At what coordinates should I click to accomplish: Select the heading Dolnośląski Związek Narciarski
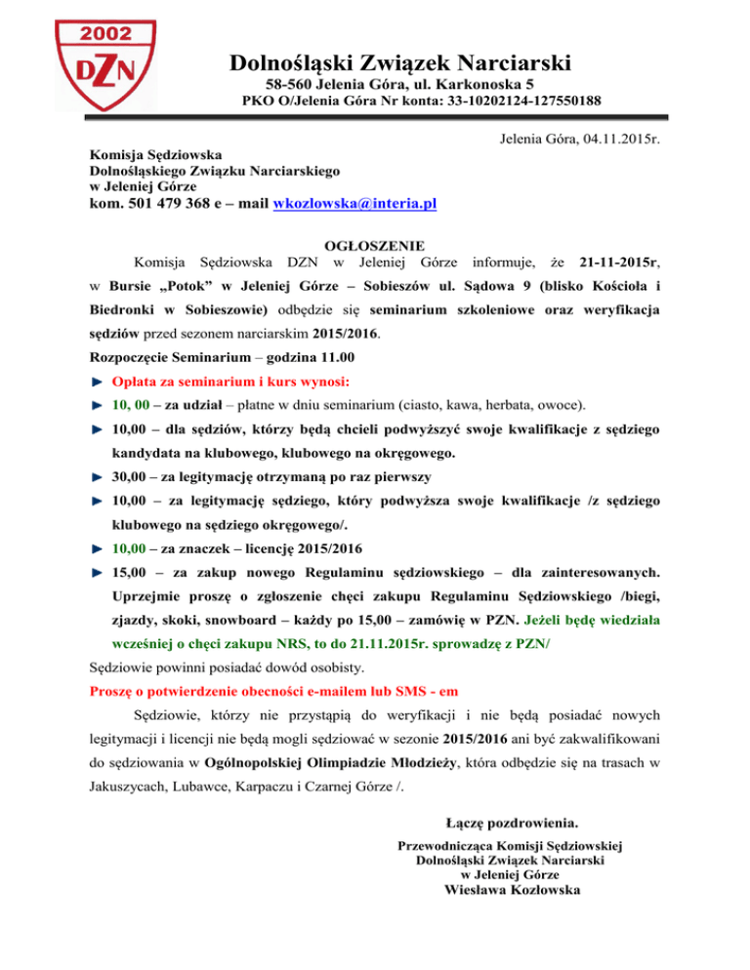[399, 64]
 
